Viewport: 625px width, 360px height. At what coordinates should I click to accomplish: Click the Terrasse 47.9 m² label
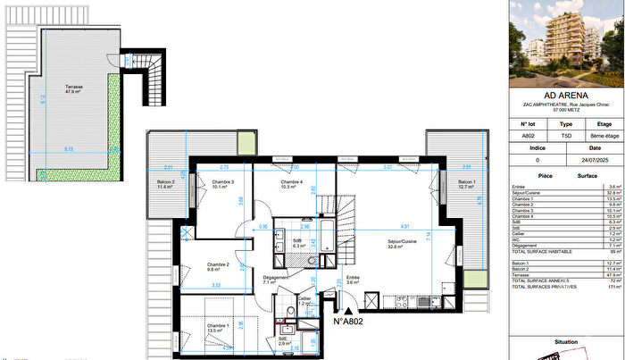click(73, 89)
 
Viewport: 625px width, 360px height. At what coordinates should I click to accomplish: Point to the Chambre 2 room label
click(219, 265)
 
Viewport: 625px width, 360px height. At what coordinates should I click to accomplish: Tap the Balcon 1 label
click(463, 185)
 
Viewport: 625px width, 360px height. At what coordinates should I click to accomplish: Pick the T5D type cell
click(565, 137)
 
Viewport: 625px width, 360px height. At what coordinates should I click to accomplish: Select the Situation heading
click(565, 341)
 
